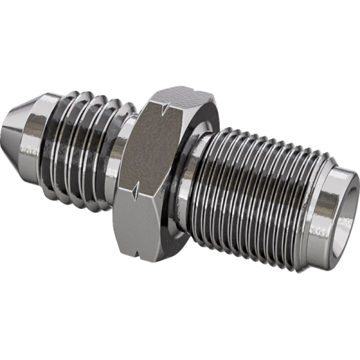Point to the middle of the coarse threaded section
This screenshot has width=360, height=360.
coord(90,147)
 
